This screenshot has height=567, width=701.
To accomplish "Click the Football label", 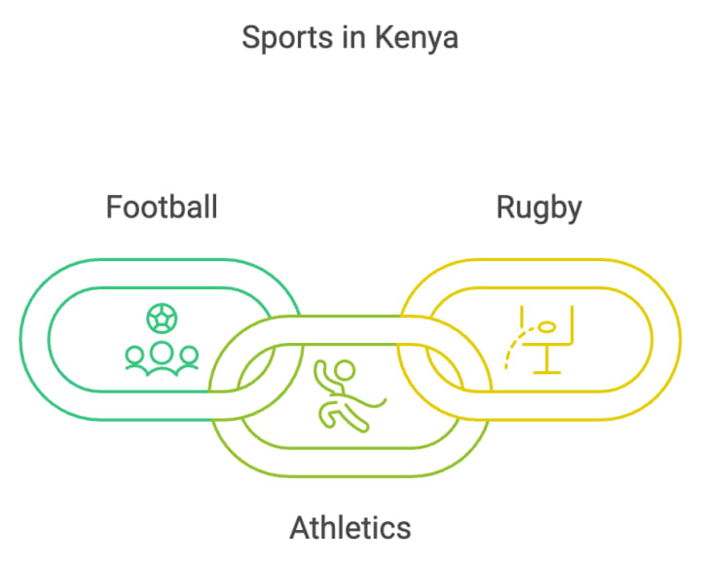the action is pos(162,208).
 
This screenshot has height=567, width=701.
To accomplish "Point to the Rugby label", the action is pos(538,208).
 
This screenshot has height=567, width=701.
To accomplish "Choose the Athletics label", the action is pos(350,527).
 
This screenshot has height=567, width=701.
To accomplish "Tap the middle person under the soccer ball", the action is pos(162,355).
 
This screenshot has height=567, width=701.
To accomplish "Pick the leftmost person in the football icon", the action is pos(135,359).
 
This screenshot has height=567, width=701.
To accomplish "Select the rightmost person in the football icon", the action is pos(188,359).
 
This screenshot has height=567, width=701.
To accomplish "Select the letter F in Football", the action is pos(113,208).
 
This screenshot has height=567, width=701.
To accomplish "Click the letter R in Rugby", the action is pos(505,208).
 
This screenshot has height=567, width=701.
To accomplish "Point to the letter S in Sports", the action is pos(249,39).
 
